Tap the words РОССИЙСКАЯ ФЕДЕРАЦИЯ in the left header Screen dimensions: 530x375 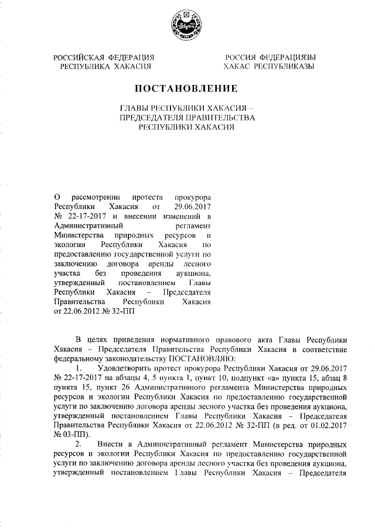tap(104, 57)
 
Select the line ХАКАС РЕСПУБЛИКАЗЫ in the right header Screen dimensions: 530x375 tap(270, 67)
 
